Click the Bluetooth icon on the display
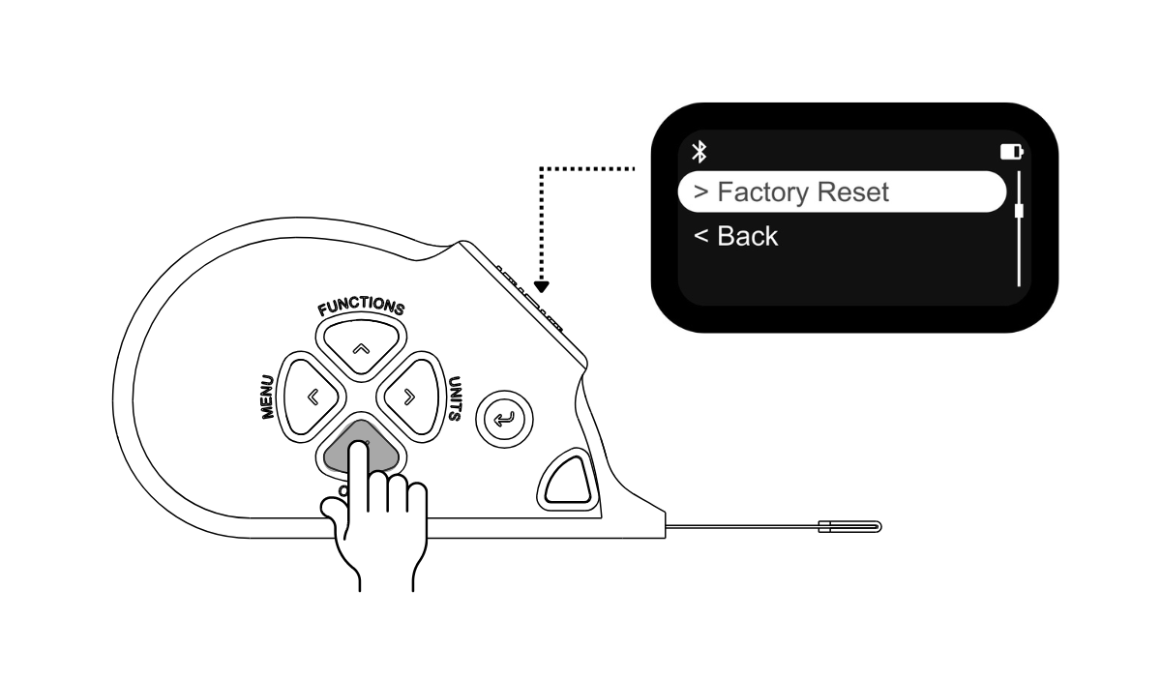click(700, 152)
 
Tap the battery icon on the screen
click(1012, 152)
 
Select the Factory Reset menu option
click(842, 191)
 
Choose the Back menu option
click(736, 236)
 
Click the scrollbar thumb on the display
click(1019, 212)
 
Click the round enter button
click(504, 419)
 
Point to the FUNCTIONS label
click(361, 306)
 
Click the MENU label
click(267, 397)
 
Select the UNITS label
click(455, 398)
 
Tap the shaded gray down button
click(361, 448)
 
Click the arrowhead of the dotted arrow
click(541, 287)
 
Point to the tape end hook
click(850, 527)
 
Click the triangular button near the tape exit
click(568, 480)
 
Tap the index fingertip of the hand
click(358, 448)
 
